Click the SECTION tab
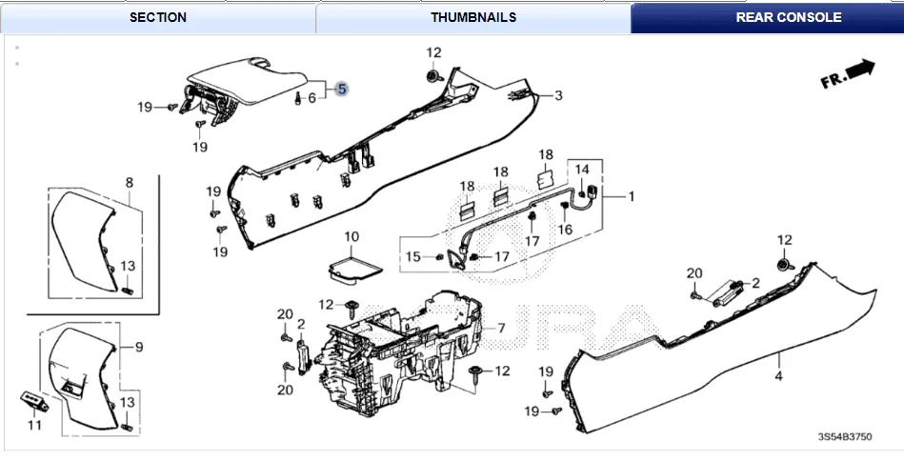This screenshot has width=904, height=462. (x=157, y=17)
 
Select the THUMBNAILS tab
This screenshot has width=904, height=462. (x=473, y=17)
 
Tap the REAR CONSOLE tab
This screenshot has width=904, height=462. (x=767, y=17)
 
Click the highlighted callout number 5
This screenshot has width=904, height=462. (x=342, y=89)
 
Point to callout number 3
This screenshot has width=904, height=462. (x=559, y=95)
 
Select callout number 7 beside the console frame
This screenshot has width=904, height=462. (x=501, y=329)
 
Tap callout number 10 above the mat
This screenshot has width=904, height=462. (x=352, y=235)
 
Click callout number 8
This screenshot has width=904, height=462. (x=130, y=182)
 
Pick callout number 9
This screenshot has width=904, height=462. (x=138, y=347)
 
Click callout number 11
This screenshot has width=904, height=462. (x=34, y=425)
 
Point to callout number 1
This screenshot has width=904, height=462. (x=630, y=196)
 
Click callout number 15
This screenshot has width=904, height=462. (x=412, y=256)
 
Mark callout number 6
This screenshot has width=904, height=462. (x=311, y=98)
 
